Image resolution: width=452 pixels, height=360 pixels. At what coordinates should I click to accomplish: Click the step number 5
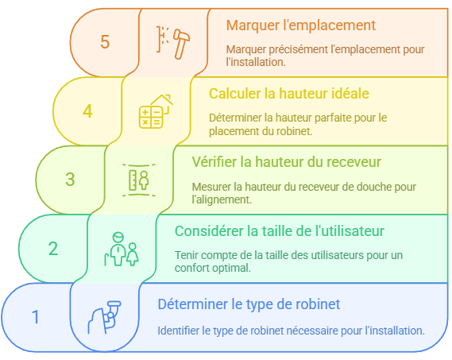(x=105, y=41)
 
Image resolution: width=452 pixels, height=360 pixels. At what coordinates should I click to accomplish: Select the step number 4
(x=87, y=111)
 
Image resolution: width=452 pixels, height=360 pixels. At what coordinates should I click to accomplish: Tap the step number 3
(x=70, y=179)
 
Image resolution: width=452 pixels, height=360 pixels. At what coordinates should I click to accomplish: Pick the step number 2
(x=53, y=249)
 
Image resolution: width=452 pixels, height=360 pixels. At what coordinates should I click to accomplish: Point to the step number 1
(x=36, y=317)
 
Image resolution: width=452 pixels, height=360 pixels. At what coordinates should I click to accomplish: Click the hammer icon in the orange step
(x=173, y=43)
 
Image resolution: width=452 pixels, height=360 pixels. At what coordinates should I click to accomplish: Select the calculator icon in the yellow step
(x=156, y=111)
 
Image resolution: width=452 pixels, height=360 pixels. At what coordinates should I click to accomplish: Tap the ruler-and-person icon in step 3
(x=139, y=180)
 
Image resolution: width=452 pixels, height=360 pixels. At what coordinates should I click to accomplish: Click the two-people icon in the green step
(x=122, y=249)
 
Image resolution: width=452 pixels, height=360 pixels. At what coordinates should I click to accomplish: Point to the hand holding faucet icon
(x=104, y=317)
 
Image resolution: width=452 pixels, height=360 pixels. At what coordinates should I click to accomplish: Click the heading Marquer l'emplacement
(x=300, y=25)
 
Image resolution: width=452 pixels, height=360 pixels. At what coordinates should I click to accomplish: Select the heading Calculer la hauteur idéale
(x=289, y=94)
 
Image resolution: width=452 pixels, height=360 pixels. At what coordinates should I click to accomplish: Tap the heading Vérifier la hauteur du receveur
(x=286, y=162)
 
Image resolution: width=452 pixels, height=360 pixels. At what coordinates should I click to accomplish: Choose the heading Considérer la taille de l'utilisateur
(x=280, y=230)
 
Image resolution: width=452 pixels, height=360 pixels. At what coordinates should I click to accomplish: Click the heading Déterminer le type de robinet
(x=249, y=304)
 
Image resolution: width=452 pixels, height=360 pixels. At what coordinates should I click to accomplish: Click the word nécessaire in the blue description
(x=312, y=331)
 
